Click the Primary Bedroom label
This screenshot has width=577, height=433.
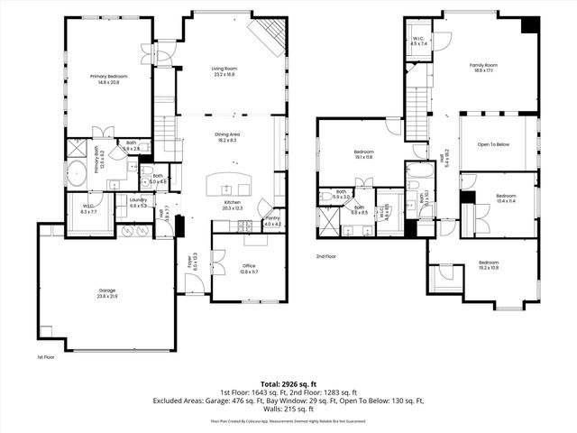(x=108, y=79)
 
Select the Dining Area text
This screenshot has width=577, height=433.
(x=226, y=137)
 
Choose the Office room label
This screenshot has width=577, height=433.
(x=249, y=268)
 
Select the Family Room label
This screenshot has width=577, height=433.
(x=483, y=68)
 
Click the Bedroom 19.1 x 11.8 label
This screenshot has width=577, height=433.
(x=362, y=154)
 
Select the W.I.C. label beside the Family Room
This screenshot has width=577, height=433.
(x=419, y=41)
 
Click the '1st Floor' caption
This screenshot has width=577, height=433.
(x=47, y=357)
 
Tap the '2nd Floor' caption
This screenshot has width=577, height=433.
(x=326, y=257)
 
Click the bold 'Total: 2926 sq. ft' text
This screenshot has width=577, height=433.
(x=288, y=384)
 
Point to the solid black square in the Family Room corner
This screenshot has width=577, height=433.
(x=529, y=25)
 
